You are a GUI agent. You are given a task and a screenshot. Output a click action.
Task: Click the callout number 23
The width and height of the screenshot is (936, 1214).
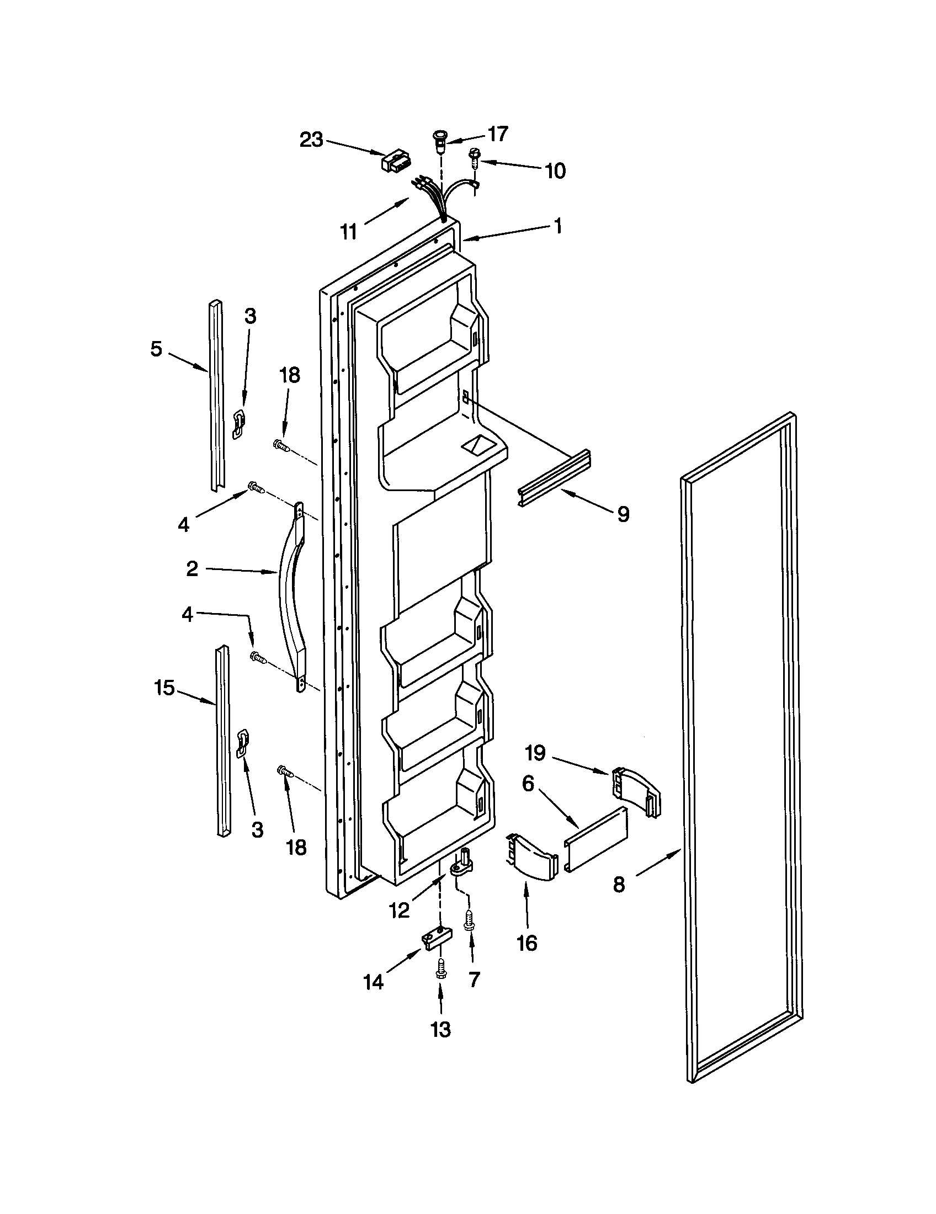click(311, 140)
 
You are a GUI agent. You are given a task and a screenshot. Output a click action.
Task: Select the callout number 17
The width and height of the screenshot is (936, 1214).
click(497, 134)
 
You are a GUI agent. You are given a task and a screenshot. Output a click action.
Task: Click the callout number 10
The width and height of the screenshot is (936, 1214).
click(555, 171)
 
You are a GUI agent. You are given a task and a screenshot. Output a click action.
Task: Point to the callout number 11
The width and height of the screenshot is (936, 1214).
click(348, 231)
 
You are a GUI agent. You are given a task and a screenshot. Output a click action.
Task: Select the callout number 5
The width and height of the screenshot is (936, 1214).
click(156, 349)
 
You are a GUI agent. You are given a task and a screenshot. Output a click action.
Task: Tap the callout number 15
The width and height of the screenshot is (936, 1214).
click(164, 688)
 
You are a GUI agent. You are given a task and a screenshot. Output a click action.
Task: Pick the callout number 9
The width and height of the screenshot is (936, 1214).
click(624, 514)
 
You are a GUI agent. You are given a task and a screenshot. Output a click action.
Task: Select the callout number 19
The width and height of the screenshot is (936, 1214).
click(536, 753)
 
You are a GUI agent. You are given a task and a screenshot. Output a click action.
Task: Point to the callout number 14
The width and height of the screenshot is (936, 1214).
click(374, 983)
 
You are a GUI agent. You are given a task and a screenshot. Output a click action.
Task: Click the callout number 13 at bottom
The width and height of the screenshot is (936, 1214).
click(440, 1030)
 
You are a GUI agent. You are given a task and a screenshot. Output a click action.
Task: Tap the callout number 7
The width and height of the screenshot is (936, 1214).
click(474, 979)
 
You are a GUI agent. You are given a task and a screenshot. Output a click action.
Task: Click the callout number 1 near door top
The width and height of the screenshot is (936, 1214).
click(558, 226)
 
